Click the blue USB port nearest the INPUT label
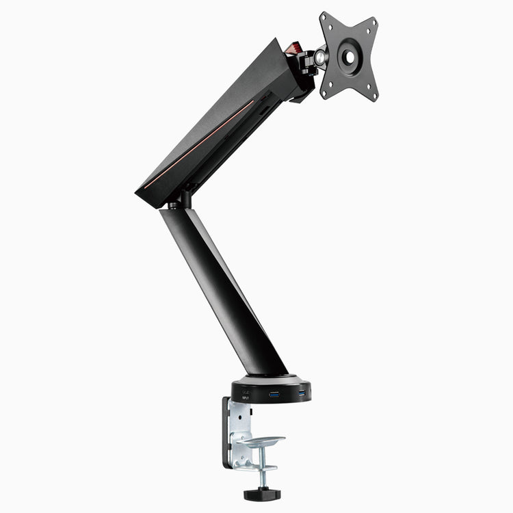click(x=275, y=395)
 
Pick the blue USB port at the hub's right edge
click(x=302, y=393)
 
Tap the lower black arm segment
click(x=219, y=287)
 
